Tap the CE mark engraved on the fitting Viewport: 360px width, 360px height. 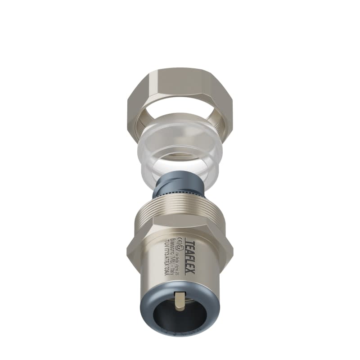tap(179, 239)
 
